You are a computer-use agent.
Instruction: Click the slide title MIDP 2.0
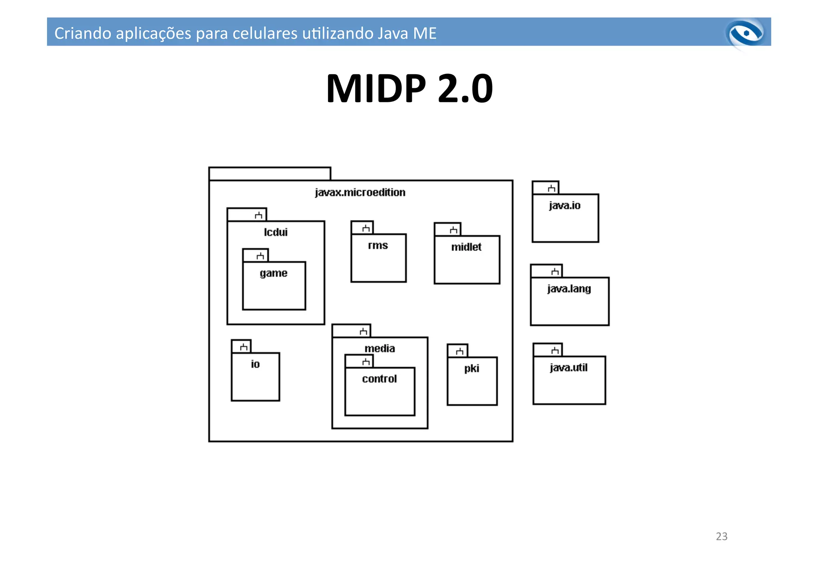[x=409, y=88]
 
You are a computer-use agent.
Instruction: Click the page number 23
[x=721, y=536]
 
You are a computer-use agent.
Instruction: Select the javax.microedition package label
[x=360, y=193]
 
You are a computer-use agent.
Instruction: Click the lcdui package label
[x=276, y=232]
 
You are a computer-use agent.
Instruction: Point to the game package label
[x=274, y=273]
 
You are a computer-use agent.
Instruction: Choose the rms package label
[x=378, y=245]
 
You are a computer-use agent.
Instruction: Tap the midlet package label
[x=466, y=247]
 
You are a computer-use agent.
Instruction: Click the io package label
[x=255, y=364]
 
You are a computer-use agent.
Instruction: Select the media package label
[x=379, y=348]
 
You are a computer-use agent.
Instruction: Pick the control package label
[x=379, y=379]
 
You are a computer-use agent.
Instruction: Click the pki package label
[x=472, y=368]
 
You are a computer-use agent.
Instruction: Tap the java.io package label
[x=564, y=206]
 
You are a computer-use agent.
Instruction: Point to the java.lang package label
[x=569, y=289]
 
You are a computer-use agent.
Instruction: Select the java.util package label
[x=568, y=367]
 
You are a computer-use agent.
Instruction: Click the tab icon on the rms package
[x=366, y=228]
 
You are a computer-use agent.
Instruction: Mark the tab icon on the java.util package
[x=555, y=351]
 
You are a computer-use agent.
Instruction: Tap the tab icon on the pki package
[x=459, y=352]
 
